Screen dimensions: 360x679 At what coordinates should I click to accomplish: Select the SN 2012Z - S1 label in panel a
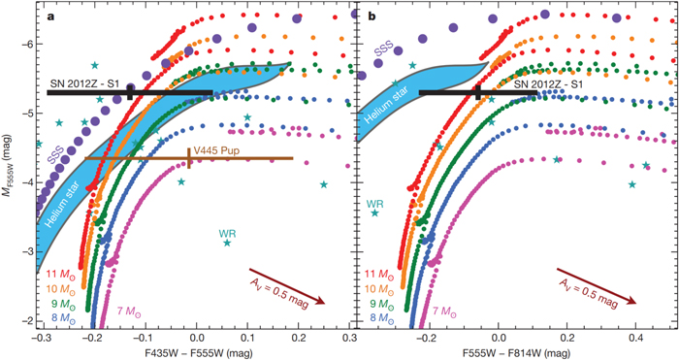[86, 81]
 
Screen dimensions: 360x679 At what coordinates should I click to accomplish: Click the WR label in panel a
[228, 234]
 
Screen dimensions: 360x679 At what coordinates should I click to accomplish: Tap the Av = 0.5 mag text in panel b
[595, 290]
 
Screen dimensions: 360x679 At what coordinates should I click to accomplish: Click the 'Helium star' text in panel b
[381, 106]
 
